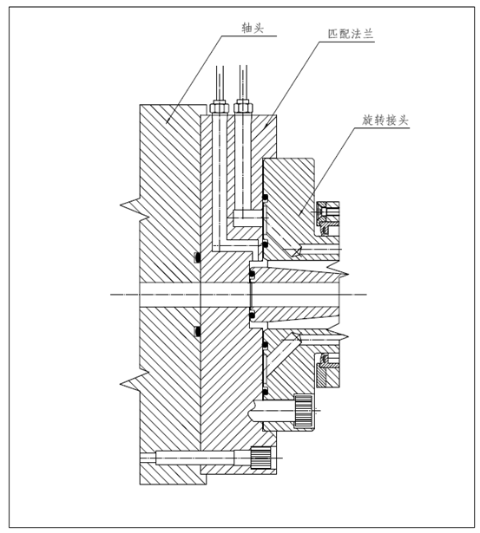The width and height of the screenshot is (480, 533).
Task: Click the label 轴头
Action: [253, 28]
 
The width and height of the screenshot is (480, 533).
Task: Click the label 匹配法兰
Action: [351, 34]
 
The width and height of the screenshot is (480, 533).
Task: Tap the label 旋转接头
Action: [385, 120]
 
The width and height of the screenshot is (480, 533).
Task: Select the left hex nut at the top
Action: [219, 107]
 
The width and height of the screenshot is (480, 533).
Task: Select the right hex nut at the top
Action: [243, 107]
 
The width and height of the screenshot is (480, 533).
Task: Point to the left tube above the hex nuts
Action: [220, 82]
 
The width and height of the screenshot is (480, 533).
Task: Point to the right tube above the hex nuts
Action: [243, 82]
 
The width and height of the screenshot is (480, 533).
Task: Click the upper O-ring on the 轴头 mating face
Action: [197, 257]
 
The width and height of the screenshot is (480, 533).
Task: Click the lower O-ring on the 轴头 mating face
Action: [197, 331]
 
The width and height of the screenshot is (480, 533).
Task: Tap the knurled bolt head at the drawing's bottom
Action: [260, 458]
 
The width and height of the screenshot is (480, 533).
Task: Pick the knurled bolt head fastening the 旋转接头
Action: [303, 411]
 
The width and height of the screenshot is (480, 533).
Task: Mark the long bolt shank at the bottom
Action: [195, 458]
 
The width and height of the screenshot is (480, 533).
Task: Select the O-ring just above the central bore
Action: [253, 275]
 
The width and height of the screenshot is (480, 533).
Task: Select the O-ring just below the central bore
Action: [253, 315]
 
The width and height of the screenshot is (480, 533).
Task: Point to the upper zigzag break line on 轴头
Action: [135, 208]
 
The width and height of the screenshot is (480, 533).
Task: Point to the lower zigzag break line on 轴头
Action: [135, 382]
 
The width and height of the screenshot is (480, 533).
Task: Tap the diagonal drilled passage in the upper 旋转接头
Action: [283, 239]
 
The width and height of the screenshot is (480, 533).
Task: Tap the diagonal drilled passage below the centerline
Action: [283, 352]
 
